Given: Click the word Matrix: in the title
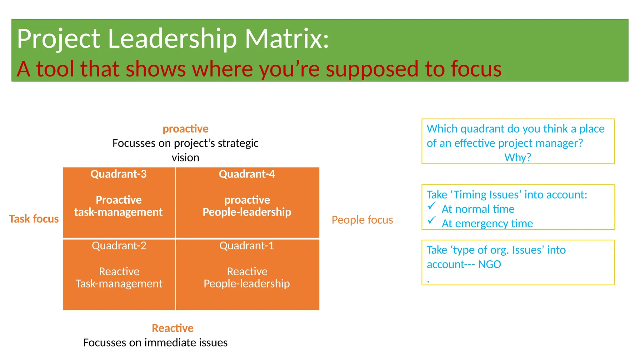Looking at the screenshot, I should (287, 39).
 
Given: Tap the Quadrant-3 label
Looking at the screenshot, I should (118, 174).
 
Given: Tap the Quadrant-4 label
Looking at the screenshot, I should (247, 174).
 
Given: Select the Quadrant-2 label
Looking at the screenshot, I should (119, 246).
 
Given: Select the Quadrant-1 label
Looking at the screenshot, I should (247, 246).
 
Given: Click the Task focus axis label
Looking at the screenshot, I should (34, 219).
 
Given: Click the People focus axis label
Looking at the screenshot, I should (362, 220).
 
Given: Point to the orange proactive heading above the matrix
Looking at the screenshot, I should (185, 129).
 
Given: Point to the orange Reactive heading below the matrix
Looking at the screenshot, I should (172, 328).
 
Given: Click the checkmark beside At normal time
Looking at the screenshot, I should (432, 206).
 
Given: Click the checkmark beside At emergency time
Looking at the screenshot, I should (432, 220).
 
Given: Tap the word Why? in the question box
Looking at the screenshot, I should (517, 157).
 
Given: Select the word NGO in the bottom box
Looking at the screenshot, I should (489, 264).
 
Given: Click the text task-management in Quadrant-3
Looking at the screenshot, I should (118, 212).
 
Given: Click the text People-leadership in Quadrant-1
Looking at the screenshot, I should (247, 284).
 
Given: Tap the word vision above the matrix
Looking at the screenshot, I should (185, 157).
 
